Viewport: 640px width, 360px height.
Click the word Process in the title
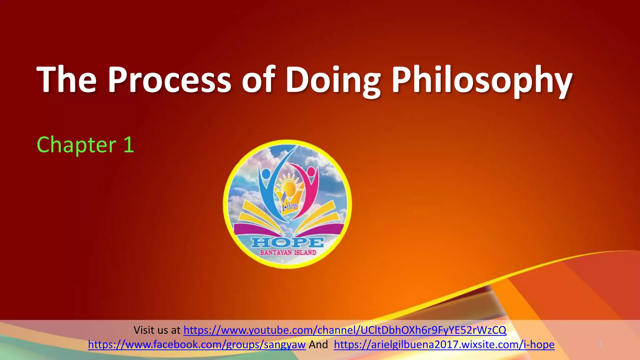click(169, 80)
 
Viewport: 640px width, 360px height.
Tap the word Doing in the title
click(333, 80)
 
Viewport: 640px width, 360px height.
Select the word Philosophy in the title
click(482, 80)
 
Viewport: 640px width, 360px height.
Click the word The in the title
click(67, 80)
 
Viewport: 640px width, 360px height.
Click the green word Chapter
click(77, 145)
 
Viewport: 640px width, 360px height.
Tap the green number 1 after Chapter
click(129, 145)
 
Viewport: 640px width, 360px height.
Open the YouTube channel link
click(345, 330)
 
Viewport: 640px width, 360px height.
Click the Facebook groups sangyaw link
click(197, 344)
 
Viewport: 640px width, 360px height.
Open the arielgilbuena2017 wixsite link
click(444, 344)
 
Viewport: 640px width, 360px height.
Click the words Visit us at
click(157, 330)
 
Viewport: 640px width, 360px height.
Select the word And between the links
click(318, 344)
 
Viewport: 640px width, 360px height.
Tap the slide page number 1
click(600, 344)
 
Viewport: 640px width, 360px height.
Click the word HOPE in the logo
click(287, 242)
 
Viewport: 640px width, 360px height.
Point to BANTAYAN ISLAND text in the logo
click(288, 252)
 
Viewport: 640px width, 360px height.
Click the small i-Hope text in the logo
click(290, 207)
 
